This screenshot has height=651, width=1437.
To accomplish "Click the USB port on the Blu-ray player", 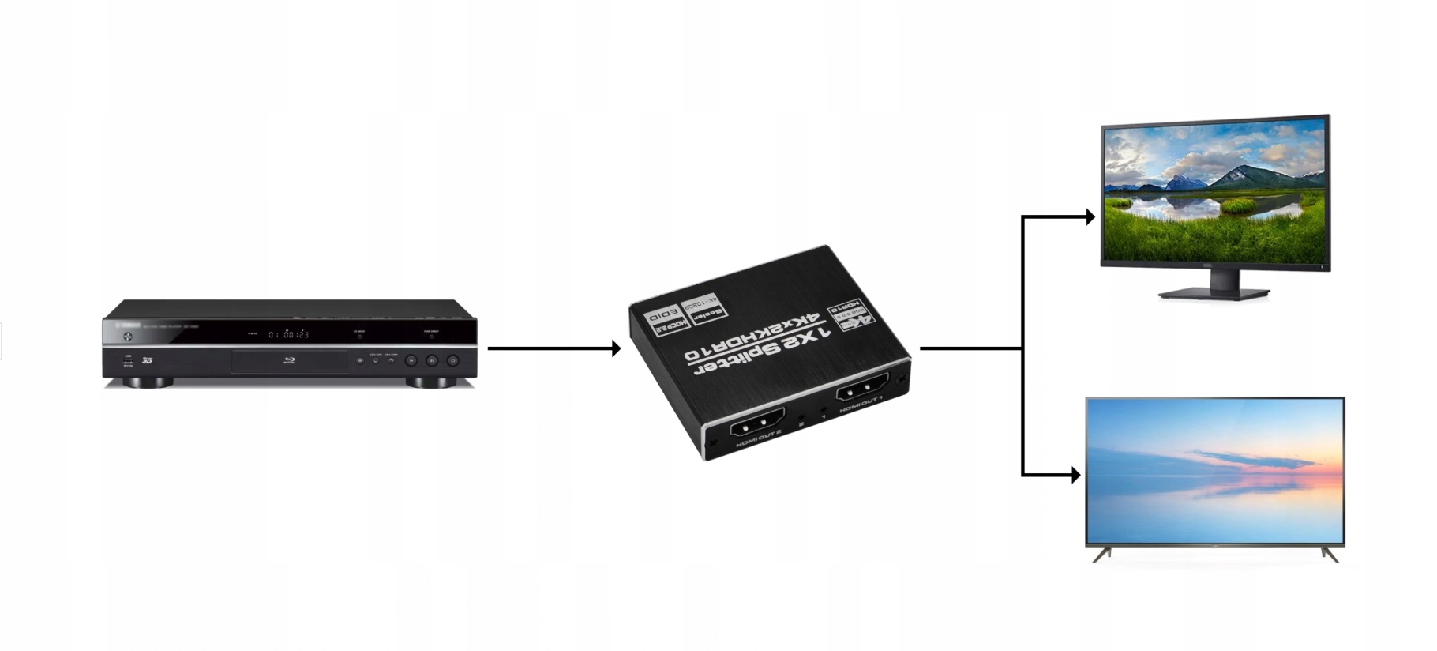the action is pyautogui.click(x=128, y=360).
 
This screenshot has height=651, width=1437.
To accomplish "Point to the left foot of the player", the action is pyautogui.click(x=148, y=382).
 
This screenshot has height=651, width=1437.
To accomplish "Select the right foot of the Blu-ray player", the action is pyautogui.click(x=431, y=382).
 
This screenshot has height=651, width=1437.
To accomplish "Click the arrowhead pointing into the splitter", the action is pyautogui.click(x=616, y=348).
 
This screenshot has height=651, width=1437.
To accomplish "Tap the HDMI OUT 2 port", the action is pyautogui.click(x=758, y=427).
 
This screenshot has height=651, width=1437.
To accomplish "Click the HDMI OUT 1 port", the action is pyautogui.click(x=861, y=388).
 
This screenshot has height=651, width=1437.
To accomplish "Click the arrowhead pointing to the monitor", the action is pyautogui.click(x=1090, y=216).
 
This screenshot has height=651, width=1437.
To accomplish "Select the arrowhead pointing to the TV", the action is pyautogui.click(x=1075, y=475).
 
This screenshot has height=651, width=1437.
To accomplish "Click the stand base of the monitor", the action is pyautogui.click(x=1214, y=294).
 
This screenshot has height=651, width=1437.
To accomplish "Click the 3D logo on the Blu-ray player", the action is pyautogui.click(x=147, y=360).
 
